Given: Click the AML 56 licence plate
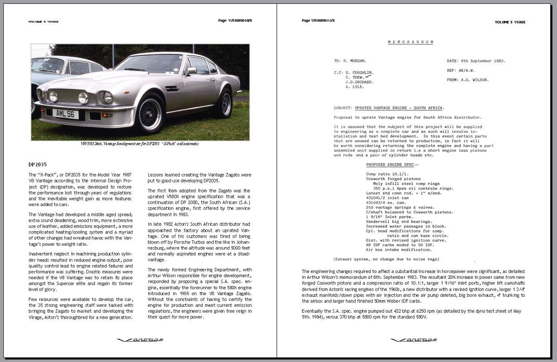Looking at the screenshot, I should tap(65, 114).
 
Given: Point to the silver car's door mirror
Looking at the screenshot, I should tap(192, 71).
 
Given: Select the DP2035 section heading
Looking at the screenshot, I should tap(38, 164).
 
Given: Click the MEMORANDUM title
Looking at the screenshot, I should tap(410, 42).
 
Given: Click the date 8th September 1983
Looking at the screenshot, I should tap(484, 61).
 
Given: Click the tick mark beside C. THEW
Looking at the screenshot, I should tap(367, 77).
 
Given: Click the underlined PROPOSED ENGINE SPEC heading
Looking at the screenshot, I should tap(392, 165).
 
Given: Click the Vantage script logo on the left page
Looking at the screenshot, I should tap(140, 339).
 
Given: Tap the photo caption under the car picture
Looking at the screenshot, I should tap(139, 144).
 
